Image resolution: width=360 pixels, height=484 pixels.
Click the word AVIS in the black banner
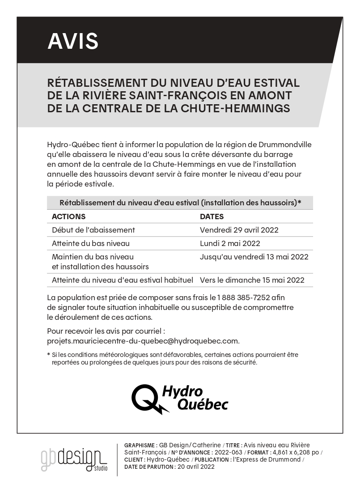(x=73, y=41)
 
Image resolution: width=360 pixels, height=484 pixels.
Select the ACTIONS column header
(x=68, y=217)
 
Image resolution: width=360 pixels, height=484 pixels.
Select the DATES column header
(x=212, y=217)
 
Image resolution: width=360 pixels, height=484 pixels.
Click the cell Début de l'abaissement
(x=93, y=230)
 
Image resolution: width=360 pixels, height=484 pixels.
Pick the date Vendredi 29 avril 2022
(x=239, y=230)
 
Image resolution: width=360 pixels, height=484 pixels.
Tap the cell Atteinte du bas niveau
(x=90, y=243)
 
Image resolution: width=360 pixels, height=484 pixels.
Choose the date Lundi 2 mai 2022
(x=230, y=243)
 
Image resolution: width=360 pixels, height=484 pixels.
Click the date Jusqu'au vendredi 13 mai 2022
(x=254, y=257)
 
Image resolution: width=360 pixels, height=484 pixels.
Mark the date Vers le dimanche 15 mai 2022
(x=252, y=280)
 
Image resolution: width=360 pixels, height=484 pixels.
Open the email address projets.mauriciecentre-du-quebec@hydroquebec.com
(x=143, y=340)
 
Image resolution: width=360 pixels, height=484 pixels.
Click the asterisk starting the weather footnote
(x=48, y=355)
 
